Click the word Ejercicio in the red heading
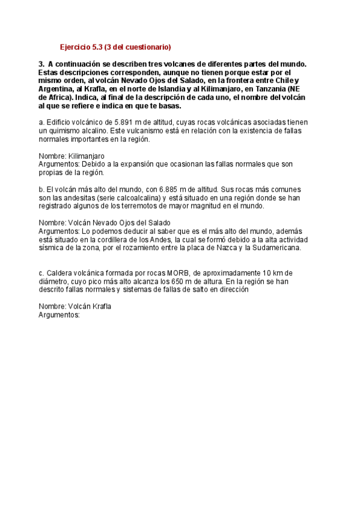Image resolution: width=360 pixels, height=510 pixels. tap(76, 47)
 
